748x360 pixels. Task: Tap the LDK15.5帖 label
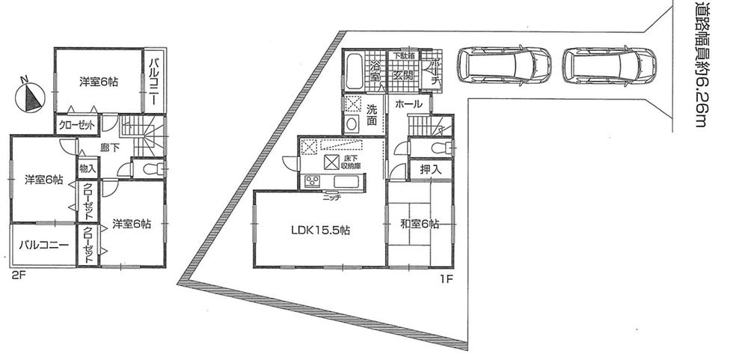(321, 231)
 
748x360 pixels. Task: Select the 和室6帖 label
(419, 224)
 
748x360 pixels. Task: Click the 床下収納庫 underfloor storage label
(352, 162)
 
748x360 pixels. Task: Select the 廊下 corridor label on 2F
(110, 148)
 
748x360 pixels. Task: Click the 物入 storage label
(87, 168)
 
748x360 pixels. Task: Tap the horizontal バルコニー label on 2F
(44, 245)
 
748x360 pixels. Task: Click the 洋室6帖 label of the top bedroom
(99, 82)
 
